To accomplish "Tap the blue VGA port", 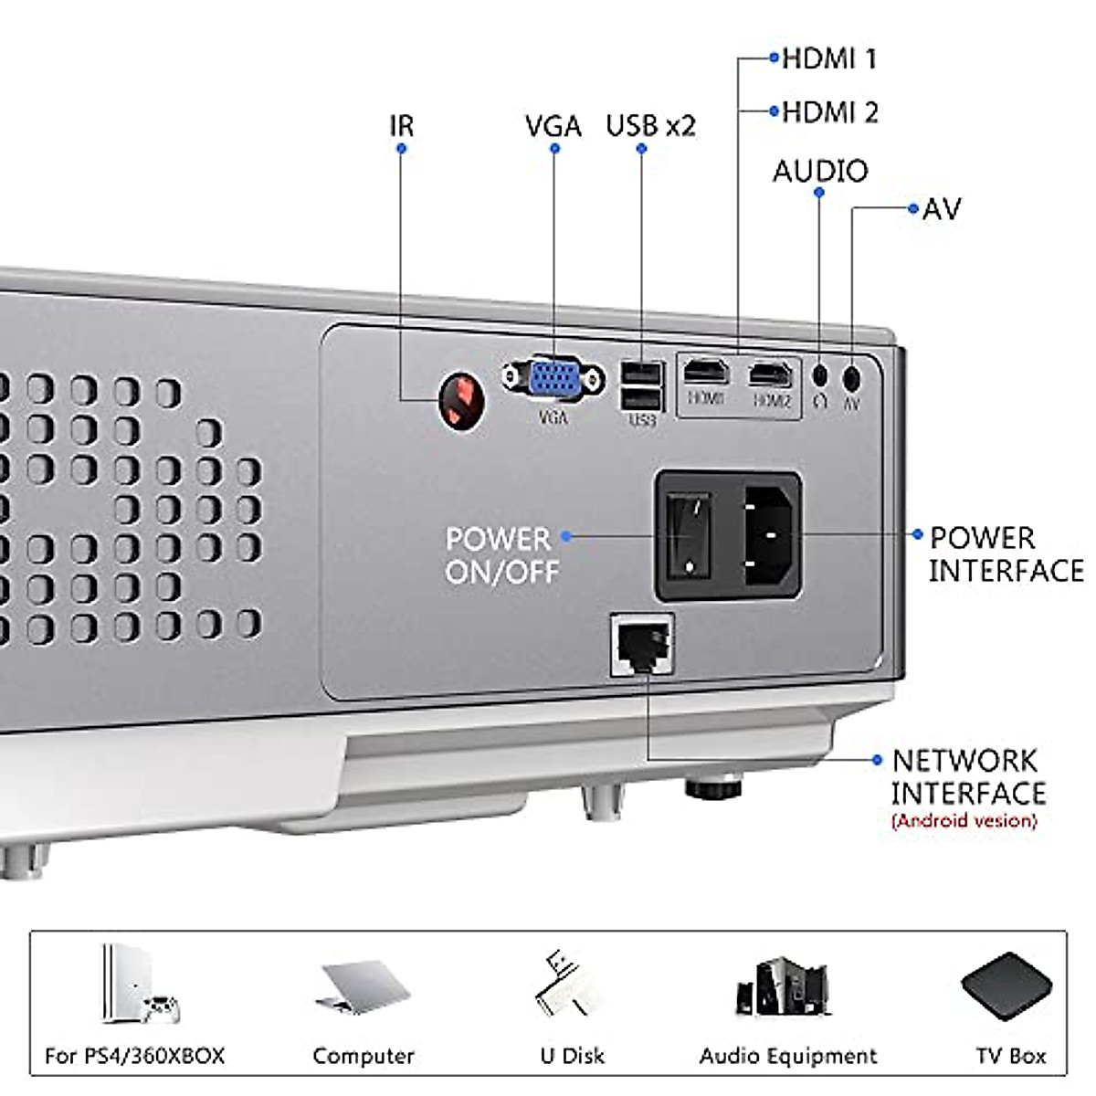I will (553, 379).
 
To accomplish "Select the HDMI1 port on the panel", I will (706, 373).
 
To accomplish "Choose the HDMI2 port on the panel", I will (771, 374).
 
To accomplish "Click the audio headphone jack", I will (820, 374).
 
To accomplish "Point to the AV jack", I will (851, 374).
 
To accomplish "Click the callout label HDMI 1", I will (828, 59).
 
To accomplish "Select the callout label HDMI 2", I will (829, 112).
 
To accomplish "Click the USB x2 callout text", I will (650, 125).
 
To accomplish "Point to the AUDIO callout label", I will (820, 171).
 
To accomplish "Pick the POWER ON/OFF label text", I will (501, 554).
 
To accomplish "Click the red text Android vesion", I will (964, 820).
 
